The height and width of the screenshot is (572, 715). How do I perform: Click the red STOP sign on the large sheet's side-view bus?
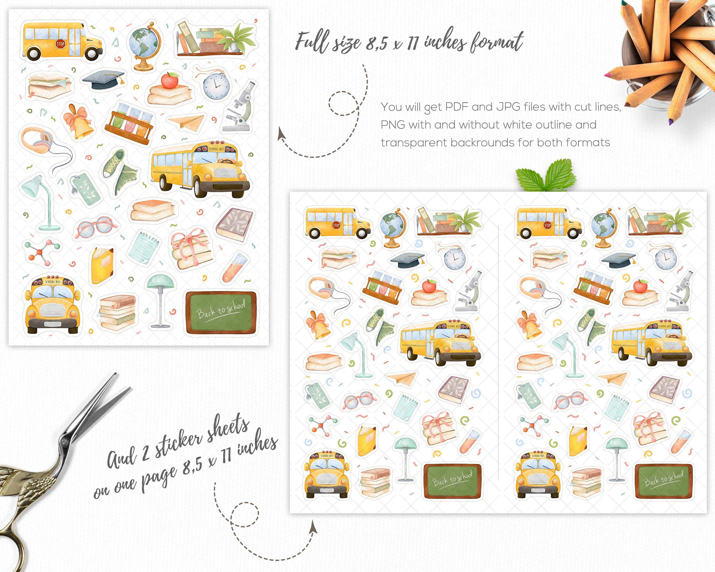click(60, 44)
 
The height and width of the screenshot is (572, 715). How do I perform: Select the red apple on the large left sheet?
click(169, 81)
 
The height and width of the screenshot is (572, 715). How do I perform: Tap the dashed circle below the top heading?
click(343, 103)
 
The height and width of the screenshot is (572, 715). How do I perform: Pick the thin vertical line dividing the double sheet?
click(498, 352)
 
